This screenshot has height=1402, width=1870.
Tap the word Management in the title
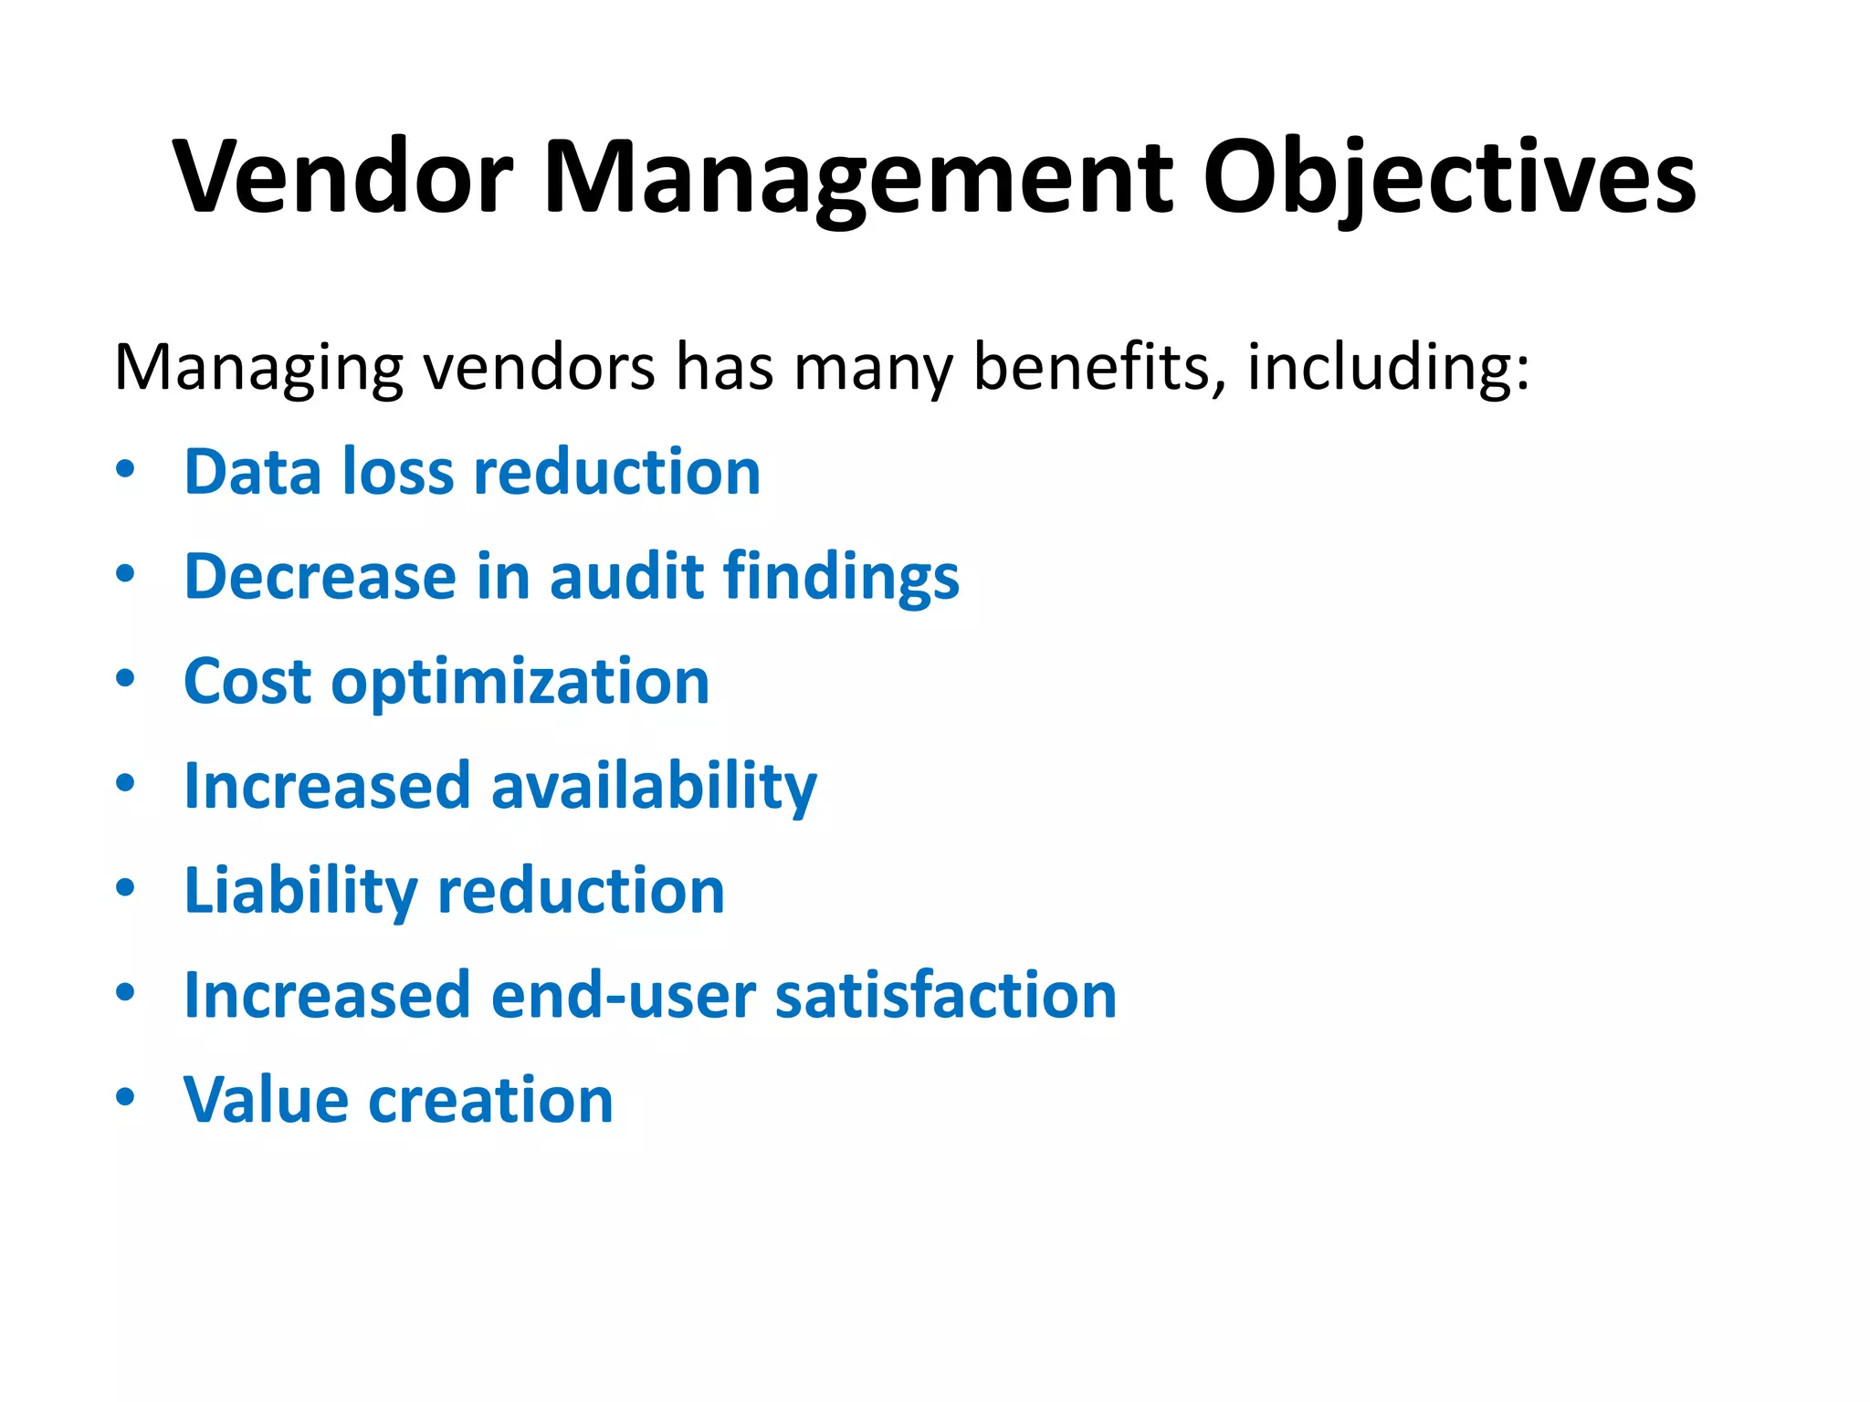tap(857, 177)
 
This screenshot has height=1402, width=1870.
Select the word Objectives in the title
tap(1449, 177)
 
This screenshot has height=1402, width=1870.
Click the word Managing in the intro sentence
tap(258, 368)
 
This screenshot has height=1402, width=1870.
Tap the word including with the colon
tap(1388, 368)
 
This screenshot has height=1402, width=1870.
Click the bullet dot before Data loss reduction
tap(126, 469)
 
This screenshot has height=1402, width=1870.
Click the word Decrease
tap(320, 577)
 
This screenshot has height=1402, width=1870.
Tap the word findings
tap(841, 579)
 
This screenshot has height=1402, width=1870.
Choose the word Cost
tap(247, 682)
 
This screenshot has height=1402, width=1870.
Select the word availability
tap(654, 787)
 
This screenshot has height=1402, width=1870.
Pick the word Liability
tap(300, 892)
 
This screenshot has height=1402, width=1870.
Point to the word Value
tap(266, 1100)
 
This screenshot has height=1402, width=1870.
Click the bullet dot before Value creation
tap(126, 1096)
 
